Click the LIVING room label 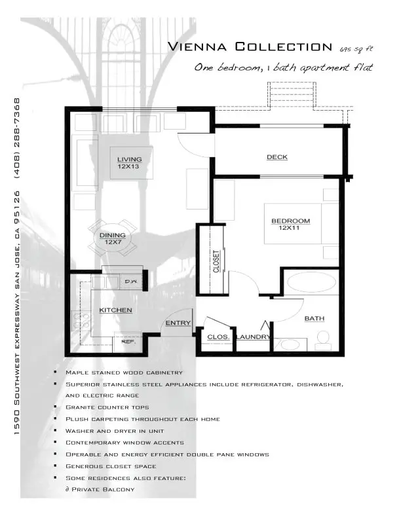[129, 160]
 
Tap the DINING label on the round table [113, 235]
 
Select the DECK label [277, 157]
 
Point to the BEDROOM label [290, 221]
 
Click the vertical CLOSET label [216, 261]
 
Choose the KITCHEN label [115, 310]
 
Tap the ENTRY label [178, 323]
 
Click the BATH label [314, 318]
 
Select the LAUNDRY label [253, 337]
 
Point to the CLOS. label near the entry [218, 337]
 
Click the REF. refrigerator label [128, 342]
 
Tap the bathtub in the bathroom [311, 282]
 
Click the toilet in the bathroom [323, 341]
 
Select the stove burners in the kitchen [81, 321]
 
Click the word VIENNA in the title [197, 46]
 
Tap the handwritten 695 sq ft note [356, 49]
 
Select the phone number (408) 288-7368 [17, 138]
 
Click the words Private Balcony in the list [103, 489]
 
